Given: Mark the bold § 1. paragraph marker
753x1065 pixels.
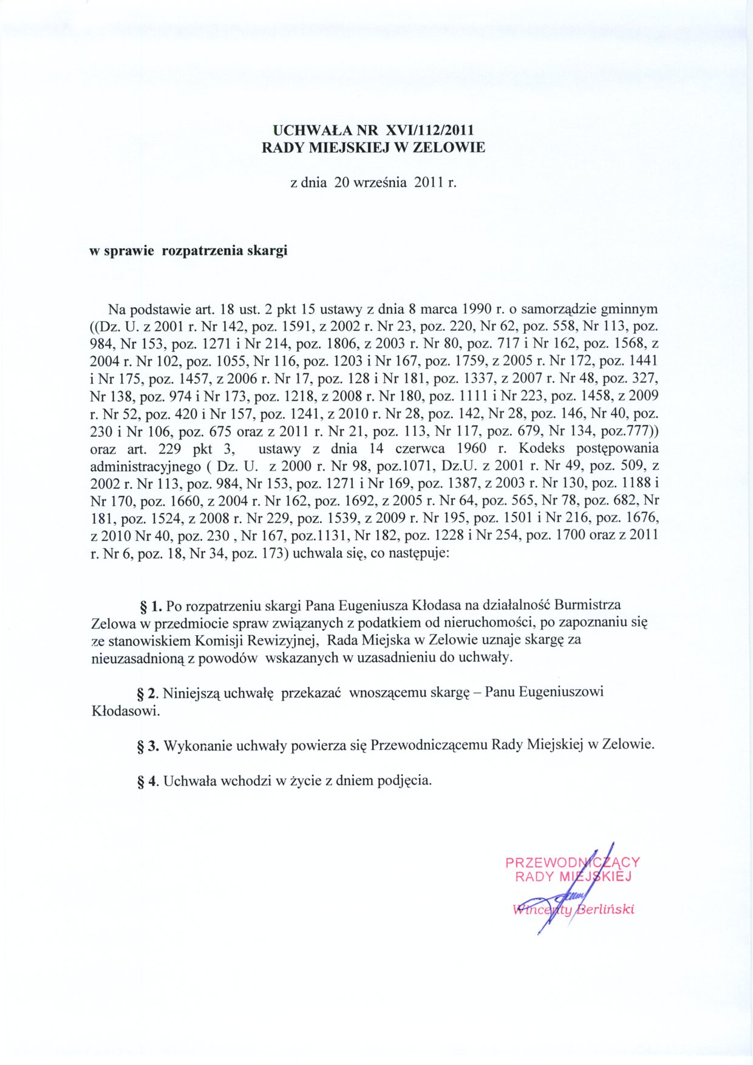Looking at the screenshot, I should point(151,605).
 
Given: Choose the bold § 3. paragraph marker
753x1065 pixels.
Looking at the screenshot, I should point(149,746).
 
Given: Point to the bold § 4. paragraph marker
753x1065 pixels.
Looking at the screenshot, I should point(149,781).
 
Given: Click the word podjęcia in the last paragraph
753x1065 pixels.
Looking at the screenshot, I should point(404,781).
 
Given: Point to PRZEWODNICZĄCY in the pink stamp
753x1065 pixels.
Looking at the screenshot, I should point(572,862).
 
